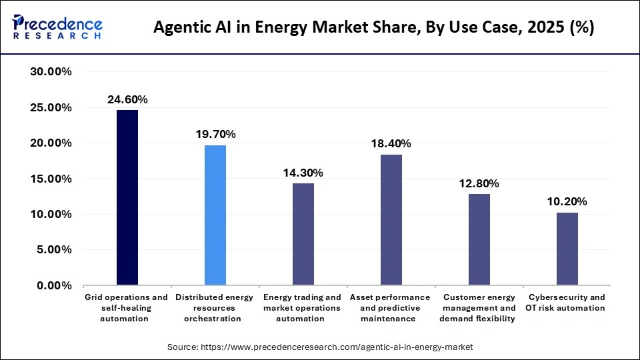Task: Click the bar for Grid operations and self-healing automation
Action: click(127, 197)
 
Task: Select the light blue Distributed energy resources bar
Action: click(215, 215)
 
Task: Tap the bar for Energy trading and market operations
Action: click(303, 234)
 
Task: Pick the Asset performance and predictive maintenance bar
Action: click(391, 219)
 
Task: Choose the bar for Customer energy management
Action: click(479, 239)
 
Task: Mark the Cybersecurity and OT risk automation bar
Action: click(567, 249)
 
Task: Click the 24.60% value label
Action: click(127, 99)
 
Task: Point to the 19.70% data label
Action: click(215, 134)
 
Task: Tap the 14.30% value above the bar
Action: click(303, 173)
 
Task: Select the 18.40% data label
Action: click(391, 143)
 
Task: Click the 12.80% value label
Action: click(479, 183)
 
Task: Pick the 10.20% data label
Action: click(567, 201)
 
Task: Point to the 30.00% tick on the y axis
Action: click(51, 72)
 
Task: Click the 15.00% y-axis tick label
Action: click(51, 179)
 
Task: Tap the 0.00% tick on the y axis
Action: click(54, 285)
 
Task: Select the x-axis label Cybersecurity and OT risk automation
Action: click(567, 303)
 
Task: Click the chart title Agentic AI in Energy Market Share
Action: click(374, 27)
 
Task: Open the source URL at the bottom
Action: click(320, 347)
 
